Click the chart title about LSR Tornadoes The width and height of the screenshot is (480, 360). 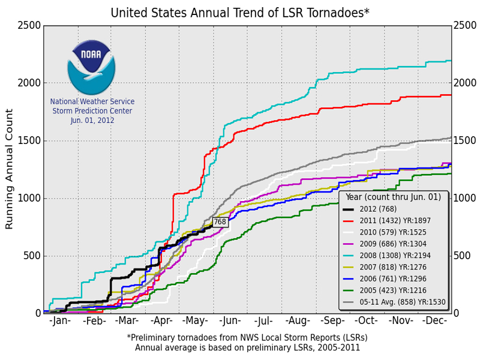tap(240, 13)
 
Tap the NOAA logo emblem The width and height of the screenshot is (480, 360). tap(91, 67)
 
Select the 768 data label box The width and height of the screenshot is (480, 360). tap(220, 221)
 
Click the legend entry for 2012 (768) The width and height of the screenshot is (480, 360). tap(370, 209)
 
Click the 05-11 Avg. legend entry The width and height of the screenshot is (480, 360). tap(394, 302)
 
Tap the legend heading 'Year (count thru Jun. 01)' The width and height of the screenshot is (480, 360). tap(393, 197)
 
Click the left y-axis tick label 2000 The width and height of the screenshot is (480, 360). tap(29, 83)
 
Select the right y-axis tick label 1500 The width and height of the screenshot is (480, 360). tap(464, 140)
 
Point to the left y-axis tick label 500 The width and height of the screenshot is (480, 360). tap(32, 256)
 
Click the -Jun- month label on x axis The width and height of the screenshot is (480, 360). tap(230, 321)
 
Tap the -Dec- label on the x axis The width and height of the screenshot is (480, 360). tap(434, 321)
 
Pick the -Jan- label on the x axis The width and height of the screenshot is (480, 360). tap(60, 321)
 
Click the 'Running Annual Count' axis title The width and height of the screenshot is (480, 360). tap(9, 169)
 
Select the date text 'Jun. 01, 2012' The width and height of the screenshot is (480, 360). tap(92, 121)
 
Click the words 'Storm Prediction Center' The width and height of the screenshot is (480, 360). tap(92, 111)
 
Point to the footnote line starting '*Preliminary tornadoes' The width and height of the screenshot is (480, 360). tap(247, 338)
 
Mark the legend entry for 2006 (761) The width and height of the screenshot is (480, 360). tap(385, 279)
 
